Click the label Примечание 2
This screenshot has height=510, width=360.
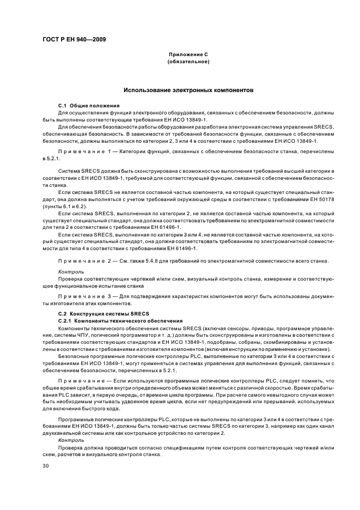(87, 260)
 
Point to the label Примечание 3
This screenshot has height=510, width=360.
(87, 296)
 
